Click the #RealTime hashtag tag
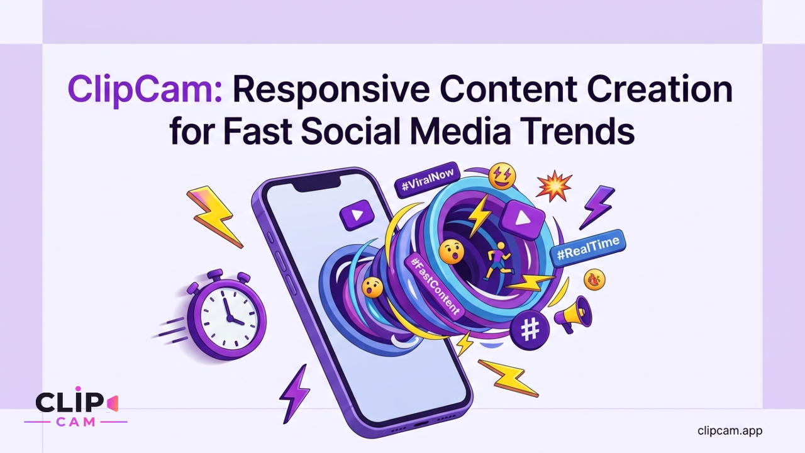click(588, 249)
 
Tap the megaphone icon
click(573, 314)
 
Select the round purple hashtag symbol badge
click(530, 330)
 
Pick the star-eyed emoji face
click(502, 176)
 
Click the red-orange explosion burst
click(554, 186)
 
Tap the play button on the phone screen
click(357, 215)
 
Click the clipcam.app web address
click(730, 430)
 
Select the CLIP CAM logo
click(76, 407)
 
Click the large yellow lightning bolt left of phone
click(214, 216)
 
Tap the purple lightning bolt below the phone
click(295, 394)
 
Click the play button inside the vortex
click(523, 219)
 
